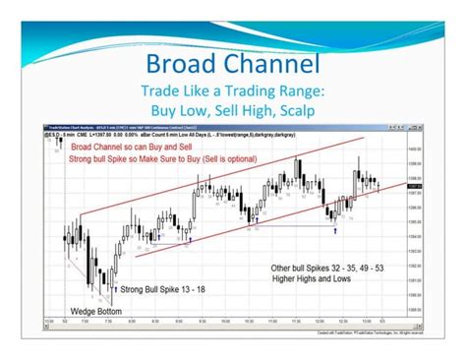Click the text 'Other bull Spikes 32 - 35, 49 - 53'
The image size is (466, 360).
click(x=326, y=268)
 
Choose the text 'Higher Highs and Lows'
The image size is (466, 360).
click(x=313, y=278)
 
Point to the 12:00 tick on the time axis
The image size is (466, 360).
click(x=318, y=320)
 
